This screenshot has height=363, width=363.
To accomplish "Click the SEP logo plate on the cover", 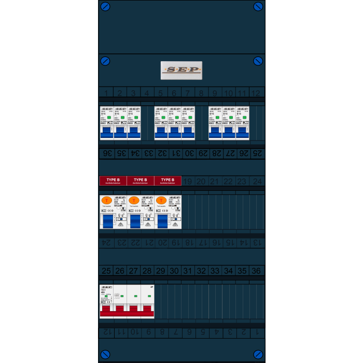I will click(x=181, y=71).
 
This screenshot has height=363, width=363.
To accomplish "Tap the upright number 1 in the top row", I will click(x=106, y=93).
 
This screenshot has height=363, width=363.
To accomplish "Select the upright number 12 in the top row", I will click(x=256, y=93).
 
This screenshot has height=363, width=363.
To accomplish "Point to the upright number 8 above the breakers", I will click(x=201, y=93).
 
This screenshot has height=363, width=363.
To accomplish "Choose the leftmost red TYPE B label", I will click(x=113, y=180).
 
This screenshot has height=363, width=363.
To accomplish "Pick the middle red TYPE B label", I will click(x=140, y=180).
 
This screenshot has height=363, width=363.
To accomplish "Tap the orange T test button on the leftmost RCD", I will click(x=106, y=201).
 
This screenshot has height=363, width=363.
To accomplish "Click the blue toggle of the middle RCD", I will click(x=135, y=221).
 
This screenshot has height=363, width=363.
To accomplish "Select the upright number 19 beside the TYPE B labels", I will click(x=188, y=181).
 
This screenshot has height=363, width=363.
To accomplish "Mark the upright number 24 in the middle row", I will click(x=257, y=181).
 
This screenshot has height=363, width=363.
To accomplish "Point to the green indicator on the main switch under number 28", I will click(x=149, y=296).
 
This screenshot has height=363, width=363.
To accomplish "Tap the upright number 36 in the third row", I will click(x=256, y=271).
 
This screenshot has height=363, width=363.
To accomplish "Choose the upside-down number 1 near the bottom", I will click(x=256, y=332).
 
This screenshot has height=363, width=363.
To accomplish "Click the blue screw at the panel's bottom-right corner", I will click(x=258, y=354).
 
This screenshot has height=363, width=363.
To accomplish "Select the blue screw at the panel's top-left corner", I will click(x=105, y=7).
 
